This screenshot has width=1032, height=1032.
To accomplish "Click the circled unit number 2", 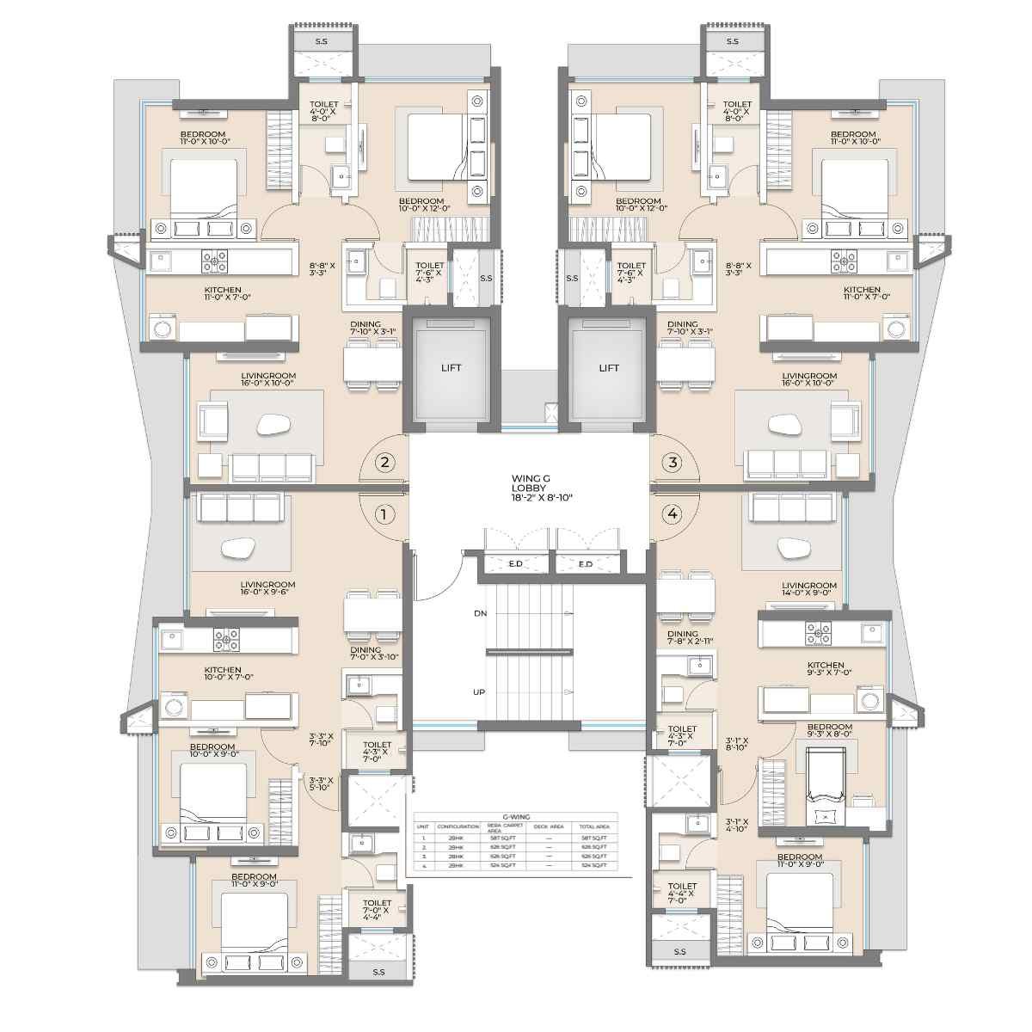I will (x=385, y=463).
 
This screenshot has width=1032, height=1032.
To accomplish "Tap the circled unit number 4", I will (x=673, y=514).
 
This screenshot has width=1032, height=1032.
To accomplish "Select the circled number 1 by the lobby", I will (x=385, y=514).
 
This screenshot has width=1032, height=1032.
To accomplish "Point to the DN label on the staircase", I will (x=480, y=613).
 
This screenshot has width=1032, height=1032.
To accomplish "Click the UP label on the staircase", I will (x=480, y=691).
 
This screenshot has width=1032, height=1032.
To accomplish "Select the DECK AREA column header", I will (x=550, y=826).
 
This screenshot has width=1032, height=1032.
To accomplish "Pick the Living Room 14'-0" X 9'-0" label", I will (x=809, y=589).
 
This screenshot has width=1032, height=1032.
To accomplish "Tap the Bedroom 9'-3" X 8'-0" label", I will (x=830, y=731).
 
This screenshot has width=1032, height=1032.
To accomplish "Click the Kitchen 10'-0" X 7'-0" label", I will (x=223, y=674).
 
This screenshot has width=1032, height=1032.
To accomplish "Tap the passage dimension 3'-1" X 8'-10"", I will (x=737, y=745).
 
